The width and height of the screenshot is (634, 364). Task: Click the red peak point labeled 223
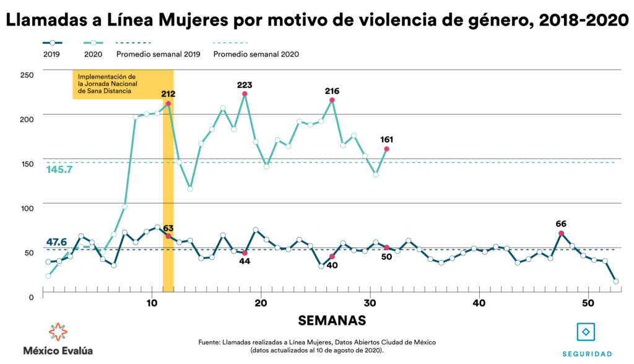coord(245,94)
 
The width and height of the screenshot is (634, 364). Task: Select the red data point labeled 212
coord(168,104)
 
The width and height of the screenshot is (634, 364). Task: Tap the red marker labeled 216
coord(332,100)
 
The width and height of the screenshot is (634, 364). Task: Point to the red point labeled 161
coord(387,149)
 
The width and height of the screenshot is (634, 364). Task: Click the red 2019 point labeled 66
coord(561,233)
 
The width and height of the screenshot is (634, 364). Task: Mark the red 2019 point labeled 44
coord(245,253)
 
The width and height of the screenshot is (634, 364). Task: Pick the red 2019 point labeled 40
coord(332,256)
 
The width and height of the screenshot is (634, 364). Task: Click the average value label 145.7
coord(59,169)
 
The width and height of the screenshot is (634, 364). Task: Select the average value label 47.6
coord(56,241)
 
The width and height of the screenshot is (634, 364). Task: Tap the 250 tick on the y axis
coord(26,74)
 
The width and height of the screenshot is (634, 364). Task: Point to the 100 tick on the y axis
coord(26,208)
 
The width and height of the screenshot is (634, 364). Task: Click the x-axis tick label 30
coord(370,303)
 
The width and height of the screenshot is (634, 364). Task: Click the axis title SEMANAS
coord(332,320)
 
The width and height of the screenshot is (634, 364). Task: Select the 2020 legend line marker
coord(93,43)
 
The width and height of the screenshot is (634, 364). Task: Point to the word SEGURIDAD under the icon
coord(587,353)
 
